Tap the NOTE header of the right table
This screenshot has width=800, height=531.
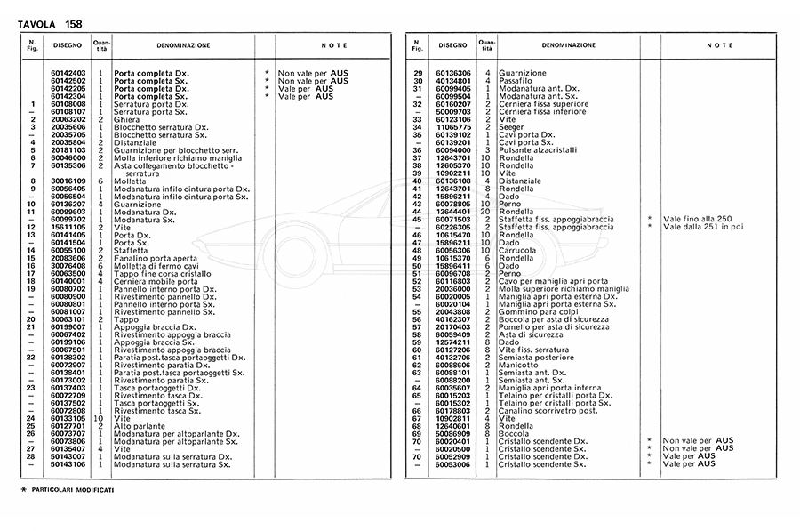[719, 44]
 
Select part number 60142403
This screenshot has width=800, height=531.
[68, 73]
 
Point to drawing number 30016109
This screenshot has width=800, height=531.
[68, 181]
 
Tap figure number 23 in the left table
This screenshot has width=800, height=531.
[31, 388]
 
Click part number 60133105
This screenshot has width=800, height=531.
[68, 419]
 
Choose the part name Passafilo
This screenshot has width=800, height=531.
[516, 81]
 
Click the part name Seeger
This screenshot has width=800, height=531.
[512, 127]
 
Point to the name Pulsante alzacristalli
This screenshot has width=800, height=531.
[537, 150]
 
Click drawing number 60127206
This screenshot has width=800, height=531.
[454, 350]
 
